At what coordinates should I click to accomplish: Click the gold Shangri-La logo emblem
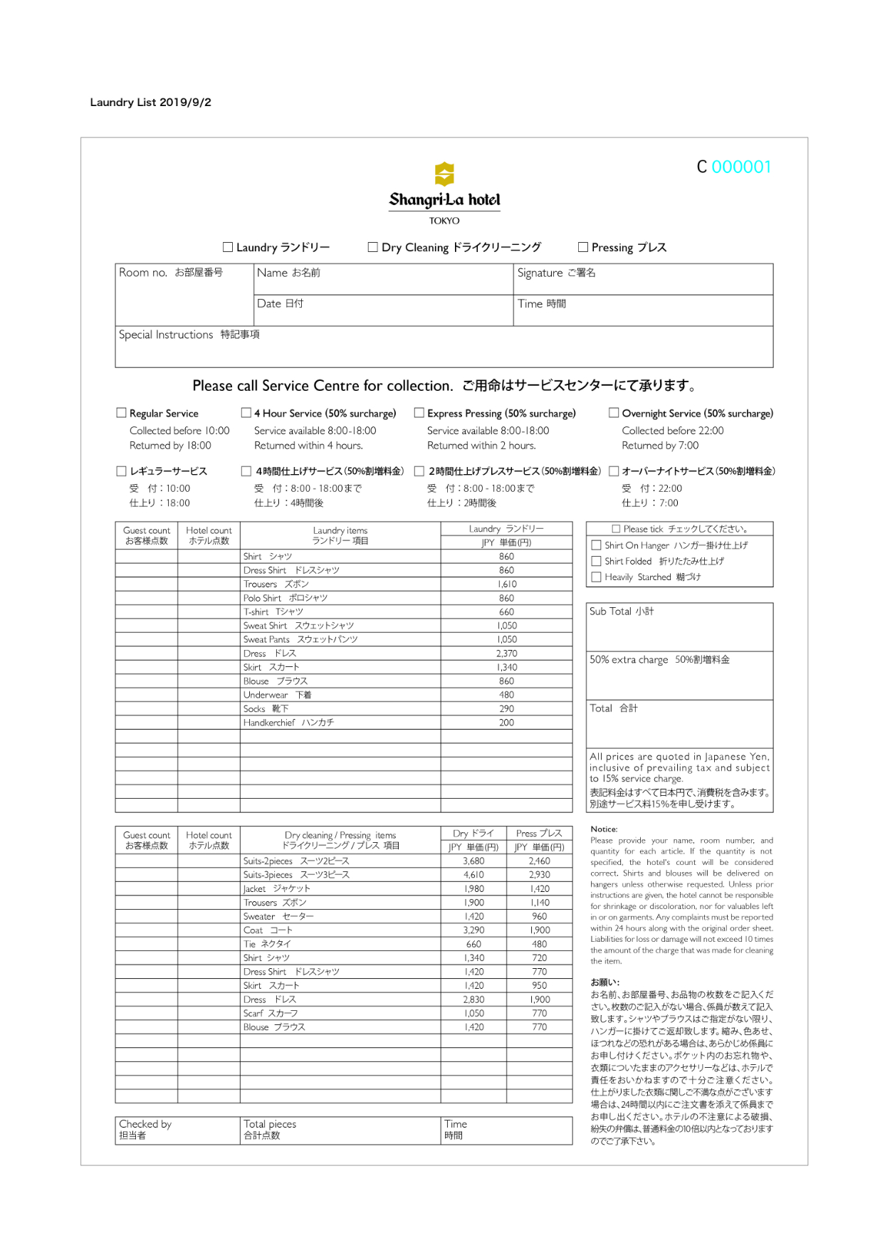click(444, 173)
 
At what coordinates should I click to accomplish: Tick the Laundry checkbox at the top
click(228, 247)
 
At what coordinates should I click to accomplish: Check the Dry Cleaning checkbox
click(372, 247)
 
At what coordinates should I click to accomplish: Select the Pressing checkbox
click(583, 247)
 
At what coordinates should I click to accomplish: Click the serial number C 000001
click(733, 167)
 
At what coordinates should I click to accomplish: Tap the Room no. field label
click(170, 273)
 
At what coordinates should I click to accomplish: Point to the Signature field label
click(556, 273)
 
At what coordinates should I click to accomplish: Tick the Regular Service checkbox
click(122, 413)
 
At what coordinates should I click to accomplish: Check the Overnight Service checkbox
click(614, 413)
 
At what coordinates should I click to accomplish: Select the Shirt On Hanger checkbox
click(597, 545)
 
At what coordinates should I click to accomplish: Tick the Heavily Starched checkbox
click(597, 577)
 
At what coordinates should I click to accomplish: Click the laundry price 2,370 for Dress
click(506, 653)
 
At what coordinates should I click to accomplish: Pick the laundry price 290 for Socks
click(506, 709)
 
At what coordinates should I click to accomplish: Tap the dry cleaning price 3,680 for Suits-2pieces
click(473, 861)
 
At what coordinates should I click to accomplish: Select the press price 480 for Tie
click(539, 945)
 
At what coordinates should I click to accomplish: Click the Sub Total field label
click(621, 611)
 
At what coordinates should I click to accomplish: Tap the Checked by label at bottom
click(145, 1125)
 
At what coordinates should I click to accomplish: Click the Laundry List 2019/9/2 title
click(150, 103)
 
